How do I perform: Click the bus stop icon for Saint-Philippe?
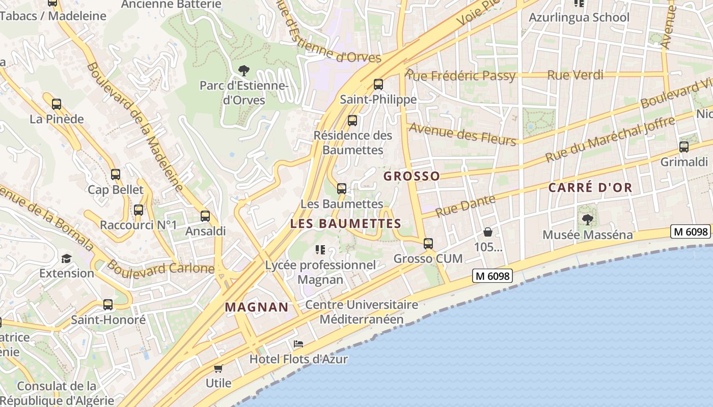378,84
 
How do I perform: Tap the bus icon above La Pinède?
57,104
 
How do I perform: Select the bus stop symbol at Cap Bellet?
116,175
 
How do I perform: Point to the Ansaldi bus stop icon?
205,216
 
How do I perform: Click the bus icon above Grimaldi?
684,147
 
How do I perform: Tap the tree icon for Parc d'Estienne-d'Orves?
244,70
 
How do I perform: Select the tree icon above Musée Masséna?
588,220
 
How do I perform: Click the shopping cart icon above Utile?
218,368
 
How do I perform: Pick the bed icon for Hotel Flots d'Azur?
298,344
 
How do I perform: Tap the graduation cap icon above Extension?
66,258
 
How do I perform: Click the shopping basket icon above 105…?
488,232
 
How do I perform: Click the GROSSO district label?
412,176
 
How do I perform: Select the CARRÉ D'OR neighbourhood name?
590,187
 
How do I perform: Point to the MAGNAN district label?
257,307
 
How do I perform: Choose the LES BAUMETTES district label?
346,223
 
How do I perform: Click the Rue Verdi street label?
575,75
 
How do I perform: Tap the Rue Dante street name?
465,206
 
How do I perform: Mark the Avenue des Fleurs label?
462,134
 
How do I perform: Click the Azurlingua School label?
579,17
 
